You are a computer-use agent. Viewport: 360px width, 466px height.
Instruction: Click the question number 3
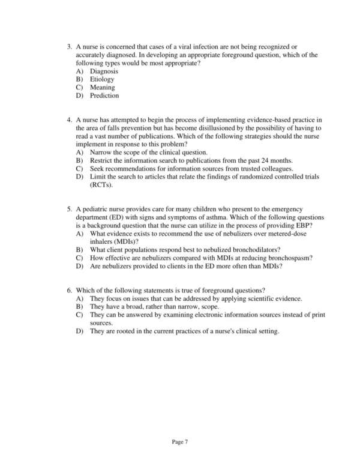pos(69,46)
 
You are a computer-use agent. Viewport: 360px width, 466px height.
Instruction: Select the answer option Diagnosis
pos(104,71)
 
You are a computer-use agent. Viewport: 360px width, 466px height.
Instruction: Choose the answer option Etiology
pos(102,79)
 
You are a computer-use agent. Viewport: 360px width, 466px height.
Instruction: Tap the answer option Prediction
pos(104,95)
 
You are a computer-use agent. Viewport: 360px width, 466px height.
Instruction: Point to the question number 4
pos(69,120)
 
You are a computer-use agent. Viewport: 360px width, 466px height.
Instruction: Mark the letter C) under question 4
pos(79,169)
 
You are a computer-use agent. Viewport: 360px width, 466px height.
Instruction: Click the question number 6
pos(69,290)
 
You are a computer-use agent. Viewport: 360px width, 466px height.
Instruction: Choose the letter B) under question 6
pos(79,306)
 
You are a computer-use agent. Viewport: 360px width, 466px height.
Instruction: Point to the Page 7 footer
pos(180,442)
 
